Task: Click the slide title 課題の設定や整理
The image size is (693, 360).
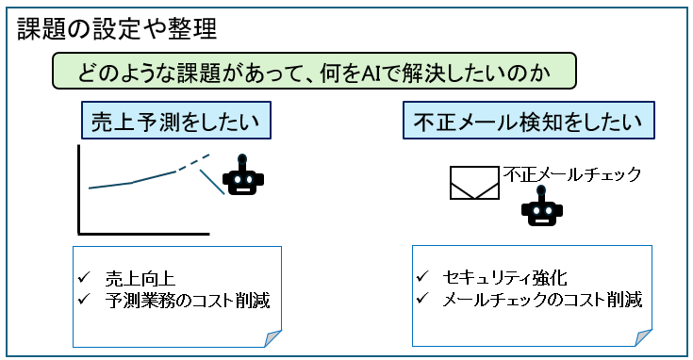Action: (117, 29)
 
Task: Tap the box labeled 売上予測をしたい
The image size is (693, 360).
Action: (175, 123)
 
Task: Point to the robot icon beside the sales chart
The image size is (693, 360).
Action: (243, 174)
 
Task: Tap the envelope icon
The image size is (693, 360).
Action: (474, 183)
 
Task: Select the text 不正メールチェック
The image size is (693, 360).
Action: (573, 173)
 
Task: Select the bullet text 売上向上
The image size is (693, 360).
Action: (140, 278)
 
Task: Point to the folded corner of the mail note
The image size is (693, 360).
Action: (643, 337)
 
